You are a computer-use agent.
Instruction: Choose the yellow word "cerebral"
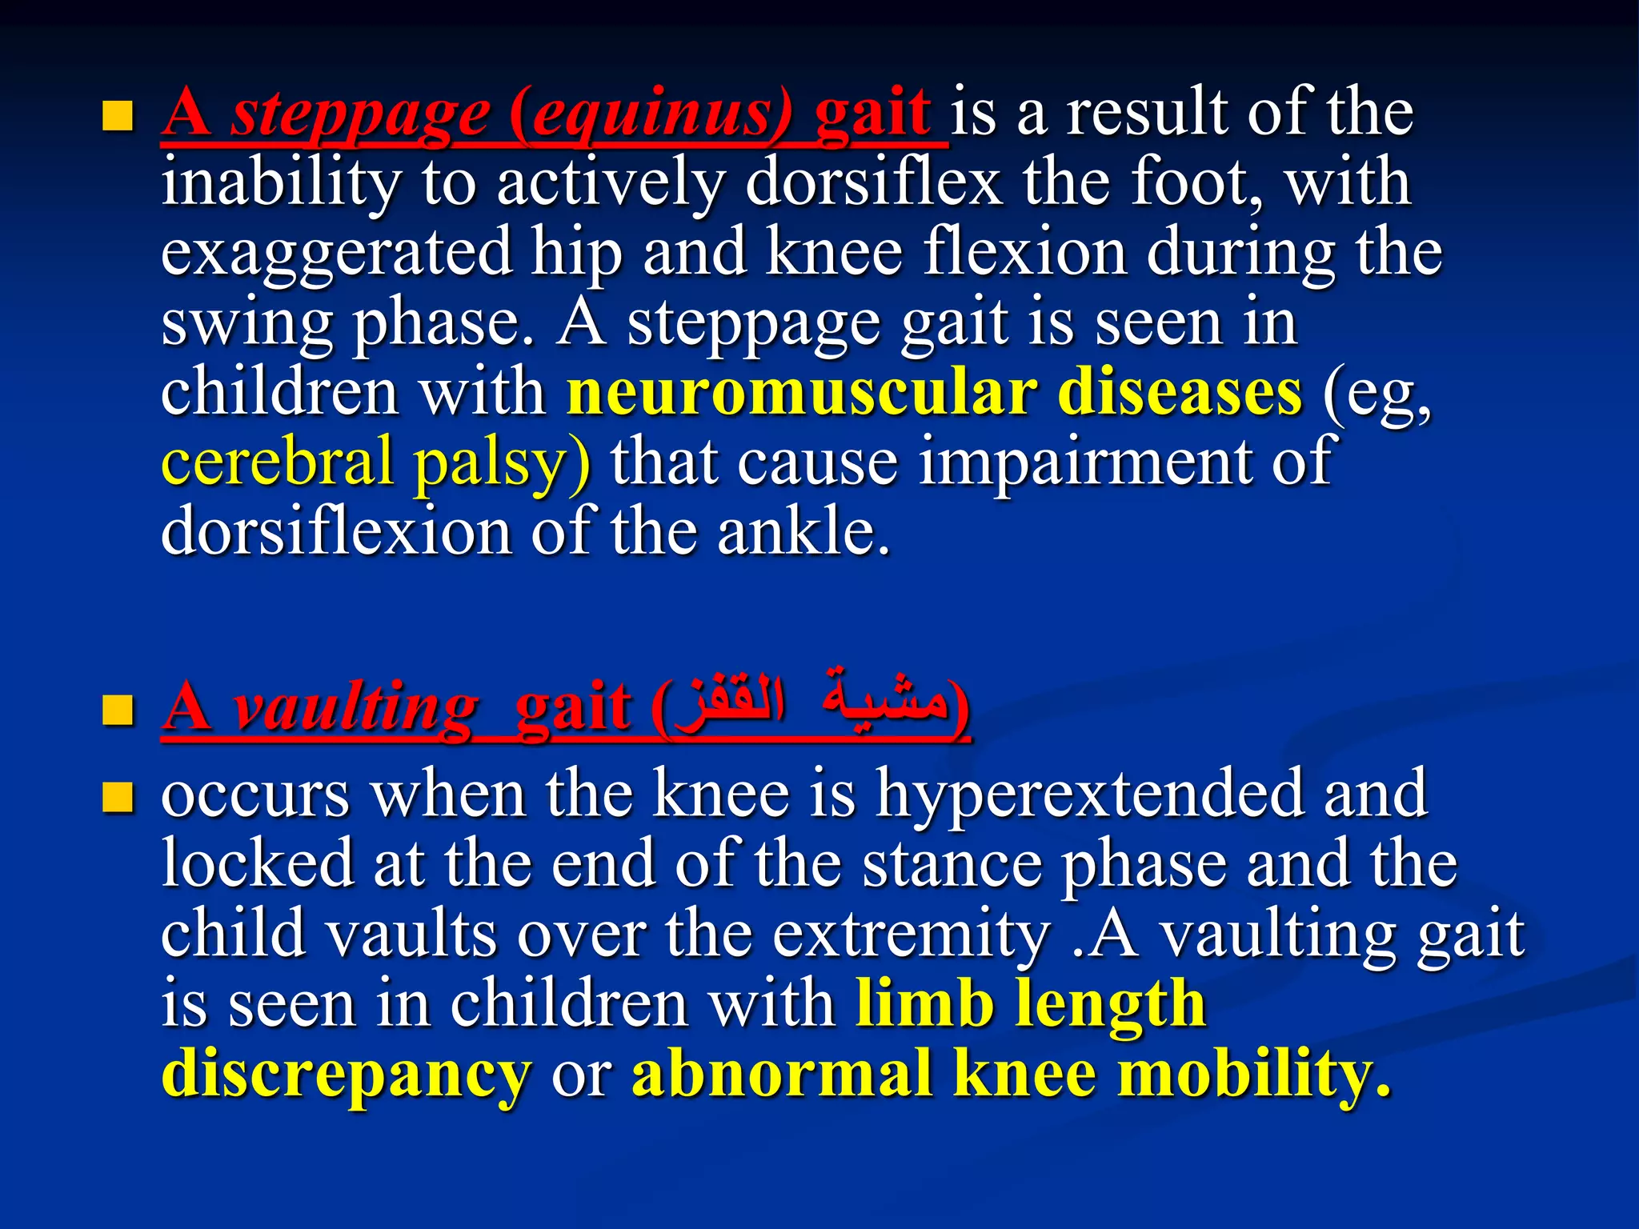(x=277, y=462)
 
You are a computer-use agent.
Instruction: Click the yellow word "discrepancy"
(x=346, y=1075)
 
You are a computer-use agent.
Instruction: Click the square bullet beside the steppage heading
(x=118, y=116)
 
